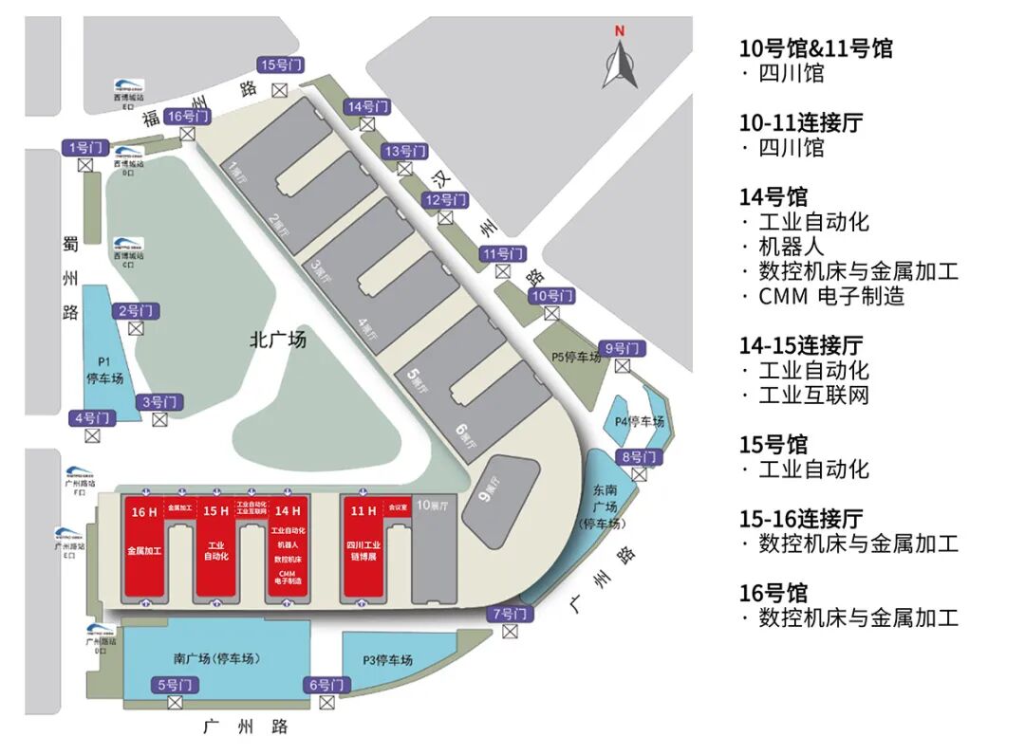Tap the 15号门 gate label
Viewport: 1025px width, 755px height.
[280, 64]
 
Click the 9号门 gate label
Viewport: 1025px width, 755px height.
[623, 348]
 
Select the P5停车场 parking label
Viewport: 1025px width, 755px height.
[576, 358]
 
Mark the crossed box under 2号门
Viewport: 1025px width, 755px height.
[136, 328]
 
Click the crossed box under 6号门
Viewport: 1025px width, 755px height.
[327, 703]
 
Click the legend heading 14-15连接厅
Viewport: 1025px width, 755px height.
[801, 346]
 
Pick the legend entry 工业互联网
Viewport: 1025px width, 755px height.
[814, 395]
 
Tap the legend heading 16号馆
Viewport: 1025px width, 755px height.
[773, 593]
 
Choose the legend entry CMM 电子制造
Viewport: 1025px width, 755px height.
[831, 296]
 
